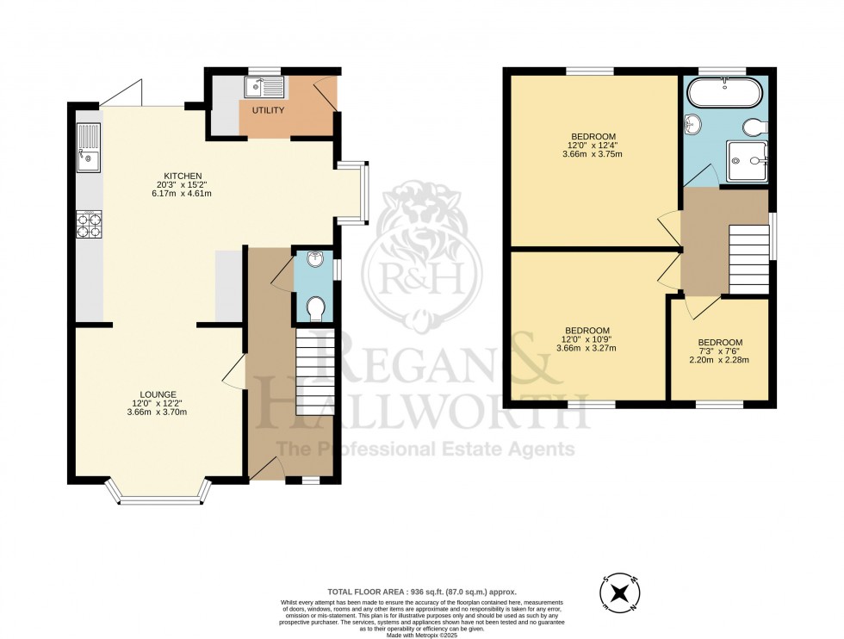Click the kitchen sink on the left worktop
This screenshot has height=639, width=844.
[89, 148]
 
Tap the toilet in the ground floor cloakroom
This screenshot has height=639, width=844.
[315, 307]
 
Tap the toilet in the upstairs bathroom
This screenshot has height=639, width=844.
[754, 127]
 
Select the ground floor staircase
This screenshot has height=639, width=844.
[314, 375]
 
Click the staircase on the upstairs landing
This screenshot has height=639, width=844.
[748, 259]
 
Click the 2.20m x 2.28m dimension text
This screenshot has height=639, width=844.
[719, 359]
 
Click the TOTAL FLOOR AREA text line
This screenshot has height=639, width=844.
[421, 592]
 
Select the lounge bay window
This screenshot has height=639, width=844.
[158, 495]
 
